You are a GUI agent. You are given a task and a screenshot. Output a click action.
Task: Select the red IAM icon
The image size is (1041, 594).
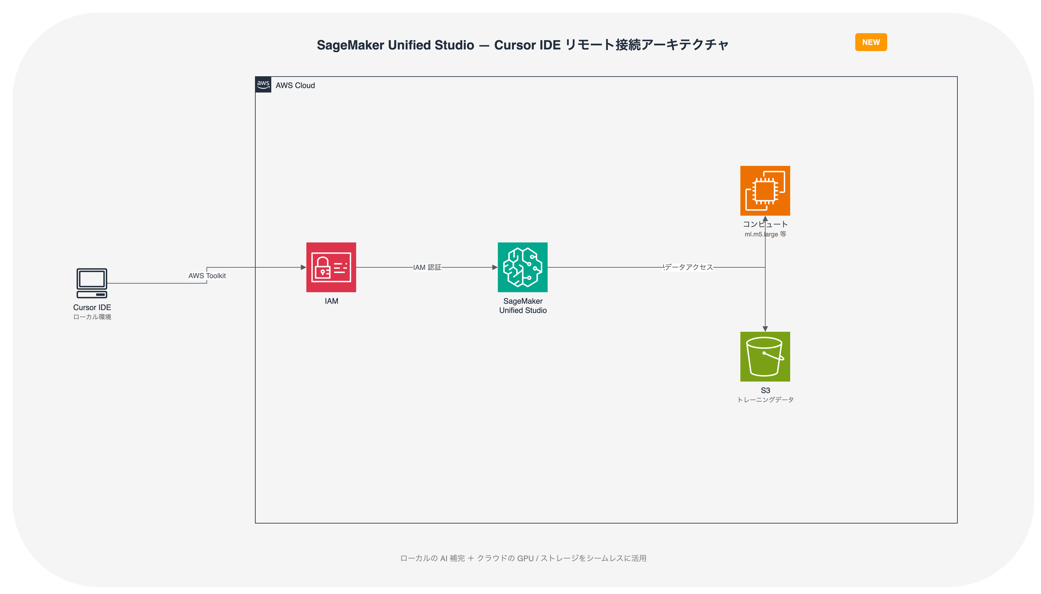pos(331,267)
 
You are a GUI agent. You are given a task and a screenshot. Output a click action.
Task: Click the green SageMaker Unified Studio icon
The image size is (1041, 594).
pos(522,267)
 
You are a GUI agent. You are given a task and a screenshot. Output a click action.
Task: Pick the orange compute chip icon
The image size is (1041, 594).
pos(765,190)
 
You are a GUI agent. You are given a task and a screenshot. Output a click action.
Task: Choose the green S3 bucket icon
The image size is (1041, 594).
pos(765,357)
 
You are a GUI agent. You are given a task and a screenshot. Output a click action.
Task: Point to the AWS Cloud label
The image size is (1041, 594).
pos(295,85)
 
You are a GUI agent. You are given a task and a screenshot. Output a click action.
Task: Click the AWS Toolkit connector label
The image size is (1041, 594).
pos(207,276)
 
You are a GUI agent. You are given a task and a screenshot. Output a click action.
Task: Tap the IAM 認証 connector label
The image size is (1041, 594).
pos(427,267)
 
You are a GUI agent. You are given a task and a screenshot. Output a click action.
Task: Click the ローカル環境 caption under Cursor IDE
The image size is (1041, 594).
pos(92,317)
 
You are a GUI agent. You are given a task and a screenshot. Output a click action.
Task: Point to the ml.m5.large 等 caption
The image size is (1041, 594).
pos(765,234)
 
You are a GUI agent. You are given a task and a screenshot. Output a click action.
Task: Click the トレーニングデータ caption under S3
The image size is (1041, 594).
pos(765,400)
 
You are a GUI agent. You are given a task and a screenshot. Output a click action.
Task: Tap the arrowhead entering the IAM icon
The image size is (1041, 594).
pos(303,267)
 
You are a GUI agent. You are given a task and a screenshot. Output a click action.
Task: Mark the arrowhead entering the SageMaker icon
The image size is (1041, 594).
pos(495,267)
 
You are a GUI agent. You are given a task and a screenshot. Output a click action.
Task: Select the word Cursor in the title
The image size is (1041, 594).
pos(513,45)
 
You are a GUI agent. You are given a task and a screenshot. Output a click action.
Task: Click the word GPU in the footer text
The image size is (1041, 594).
pos(525,558)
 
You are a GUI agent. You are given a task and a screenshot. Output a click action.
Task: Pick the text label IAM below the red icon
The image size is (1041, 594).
pos(331,301)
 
